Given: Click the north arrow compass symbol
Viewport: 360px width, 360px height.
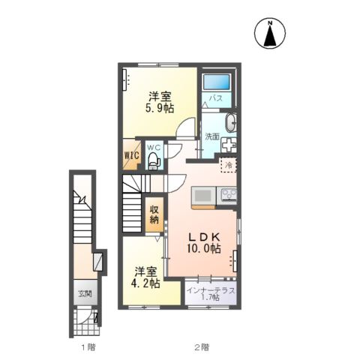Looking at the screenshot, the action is pos(270,33).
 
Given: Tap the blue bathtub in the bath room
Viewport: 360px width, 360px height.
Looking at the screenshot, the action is pos(217,82).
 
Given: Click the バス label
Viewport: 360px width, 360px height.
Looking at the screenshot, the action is pos(216,98).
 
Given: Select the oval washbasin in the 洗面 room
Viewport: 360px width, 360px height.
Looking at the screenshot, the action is pos(231,122).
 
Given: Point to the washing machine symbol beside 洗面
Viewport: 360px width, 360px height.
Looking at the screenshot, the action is pos(229,145).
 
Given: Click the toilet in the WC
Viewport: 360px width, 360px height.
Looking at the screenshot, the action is pos(153,160).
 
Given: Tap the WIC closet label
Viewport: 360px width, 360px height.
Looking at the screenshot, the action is pos(132,155).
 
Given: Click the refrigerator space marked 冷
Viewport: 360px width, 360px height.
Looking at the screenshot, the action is pos(229,165).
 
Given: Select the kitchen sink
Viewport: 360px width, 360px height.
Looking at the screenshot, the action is pos(203,196).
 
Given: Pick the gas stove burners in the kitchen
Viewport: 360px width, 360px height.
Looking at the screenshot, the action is pos(227,195).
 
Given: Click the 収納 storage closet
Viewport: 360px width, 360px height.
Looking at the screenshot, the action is pos(154,214).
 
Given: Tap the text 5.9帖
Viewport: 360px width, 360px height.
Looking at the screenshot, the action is pos(160,109).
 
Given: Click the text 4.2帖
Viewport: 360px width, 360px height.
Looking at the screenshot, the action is pos(145,283).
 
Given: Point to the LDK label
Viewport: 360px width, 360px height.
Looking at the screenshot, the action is pos(204,236).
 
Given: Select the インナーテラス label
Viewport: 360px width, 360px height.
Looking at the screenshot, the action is pos(211,290).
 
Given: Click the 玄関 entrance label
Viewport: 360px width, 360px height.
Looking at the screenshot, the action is pos(85,293).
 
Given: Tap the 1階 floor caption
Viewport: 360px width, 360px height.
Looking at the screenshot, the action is pos(88,347).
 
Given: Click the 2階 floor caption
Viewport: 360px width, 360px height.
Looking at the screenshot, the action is pos(202,347).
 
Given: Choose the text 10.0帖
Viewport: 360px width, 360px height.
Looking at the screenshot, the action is pos(204,249).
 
